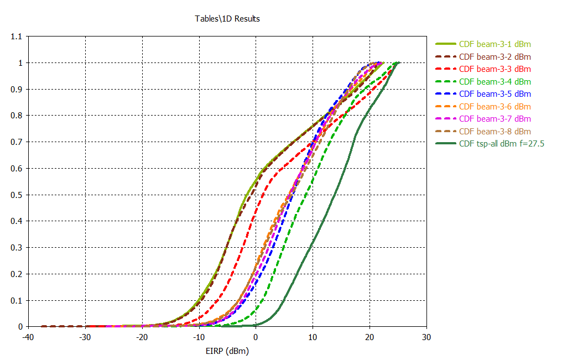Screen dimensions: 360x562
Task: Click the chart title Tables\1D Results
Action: click(227, 19)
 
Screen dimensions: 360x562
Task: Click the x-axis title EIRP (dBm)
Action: click(227, 351)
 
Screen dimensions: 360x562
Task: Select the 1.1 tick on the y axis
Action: click(17, 36)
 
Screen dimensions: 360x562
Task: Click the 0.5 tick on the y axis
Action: click(17, 195)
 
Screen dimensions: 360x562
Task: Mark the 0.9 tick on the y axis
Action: click(17, 89)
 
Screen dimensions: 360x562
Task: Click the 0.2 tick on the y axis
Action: click(17, 274)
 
